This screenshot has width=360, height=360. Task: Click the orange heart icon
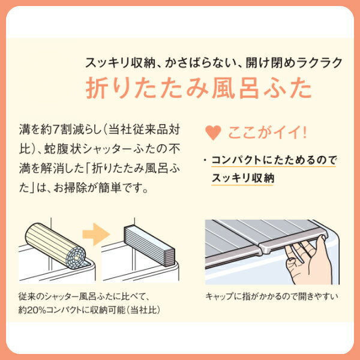213,133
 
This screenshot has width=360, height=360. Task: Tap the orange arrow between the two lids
96,234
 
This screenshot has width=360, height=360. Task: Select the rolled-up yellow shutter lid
55,245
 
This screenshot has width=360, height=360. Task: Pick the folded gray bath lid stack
149,246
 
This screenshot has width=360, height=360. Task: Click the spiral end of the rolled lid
76,257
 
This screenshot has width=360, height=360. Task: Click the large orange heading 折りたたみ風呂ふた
199,88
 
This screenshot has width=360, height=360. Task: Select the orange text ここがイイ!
267,133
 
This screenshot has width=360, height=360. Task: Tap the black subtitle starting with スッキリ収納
214,62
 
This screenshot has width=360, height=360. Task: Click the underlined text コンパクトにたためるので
274,160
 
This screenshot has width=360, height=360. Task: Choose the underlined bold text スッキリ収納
243,178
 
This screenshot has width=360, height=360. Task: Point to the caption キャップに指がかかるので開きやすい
272,296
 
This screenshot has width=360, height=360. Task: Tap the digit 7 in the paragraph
56,130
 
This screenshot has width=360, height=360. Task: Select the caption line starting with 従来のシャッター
84,296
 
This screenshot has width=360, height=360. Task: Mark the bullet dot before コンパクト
205,160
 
